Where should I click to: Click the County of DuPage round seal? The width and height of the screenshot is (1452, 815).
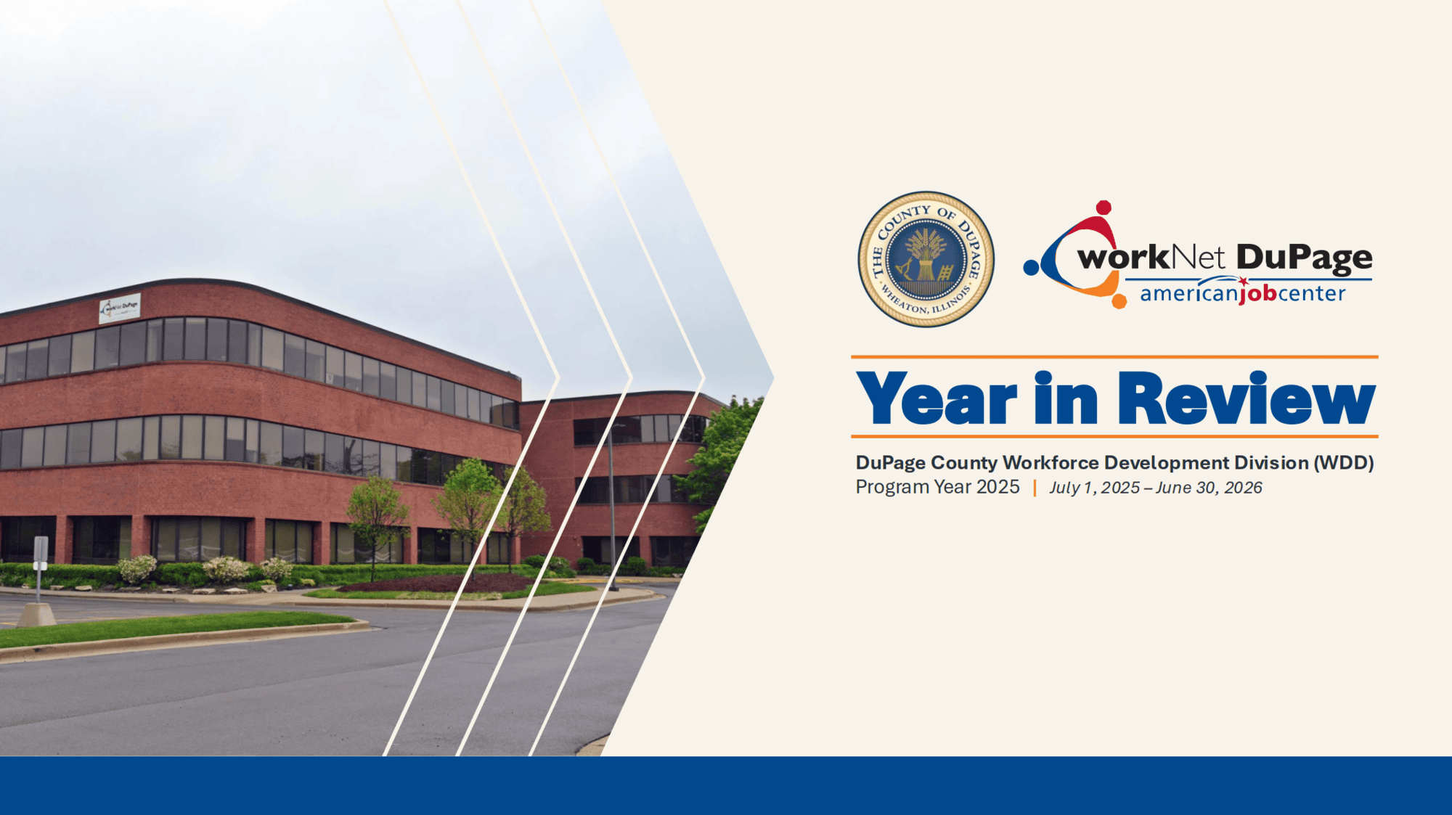926,259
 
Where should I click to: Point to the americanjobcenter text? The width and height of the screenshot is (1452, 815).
1242,293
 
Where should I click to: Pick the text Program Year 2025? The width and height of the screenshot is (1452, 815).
937,487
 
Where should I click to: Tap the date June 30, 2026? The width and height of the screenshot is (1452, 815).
1209,488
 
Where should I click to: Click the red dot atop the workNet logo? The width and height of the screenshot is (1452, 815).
1104,208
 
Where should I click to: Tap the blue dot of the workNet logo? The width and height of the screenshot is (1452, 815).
1031,267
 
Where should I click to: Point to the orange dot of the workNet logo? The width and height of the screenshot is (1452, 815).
1119,300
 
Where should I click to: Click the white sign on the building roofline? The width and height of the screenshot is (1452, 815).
120,308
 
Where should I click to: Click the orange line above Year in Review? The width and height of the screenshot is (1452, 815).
1114,357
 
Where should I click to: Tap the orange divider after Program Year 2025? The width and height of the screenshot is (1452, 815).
1035,488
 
